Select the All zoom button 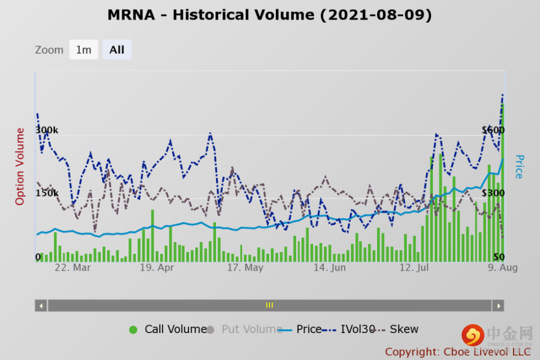pos(117,49)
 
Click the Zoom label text pos(49,50)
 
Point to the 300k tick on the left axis pos(46,130)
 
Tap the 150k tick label pos(46,193)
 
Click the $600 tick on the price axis pos(493,130)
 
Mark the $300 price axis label pos(493,193)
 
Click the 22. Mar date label pos(72,267)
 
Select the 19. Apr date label pos(156,267)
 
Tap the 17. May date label pos(245,267)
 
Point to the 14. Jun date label pos(329,267)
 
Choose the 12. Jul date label pos(415,267)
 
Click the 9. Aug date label pos(502,267)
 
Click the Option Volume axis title pos(20,166)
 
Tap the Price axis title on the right pos(519,166)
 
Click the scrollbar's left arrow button pos(41,305)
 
